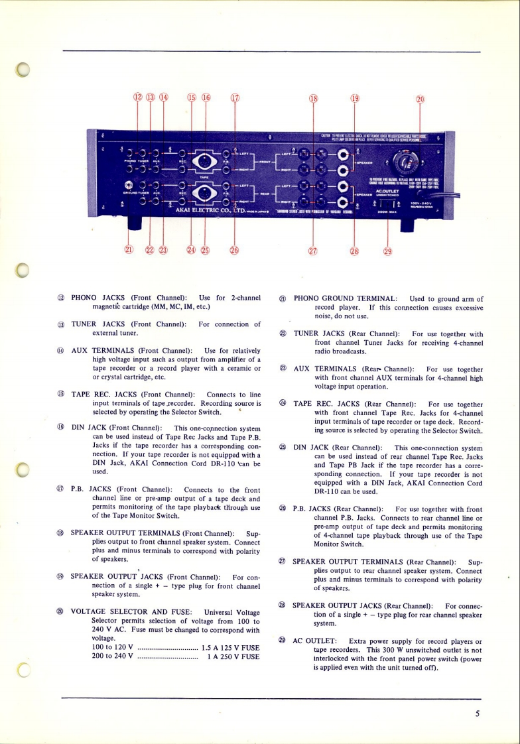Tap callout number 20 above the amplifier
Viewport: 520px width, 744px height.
(419, 99)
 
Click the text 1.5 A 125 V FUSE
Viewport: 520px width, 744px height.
(229, 647)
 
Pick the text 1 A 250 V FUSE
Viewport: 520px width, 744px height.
(233, 656)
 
